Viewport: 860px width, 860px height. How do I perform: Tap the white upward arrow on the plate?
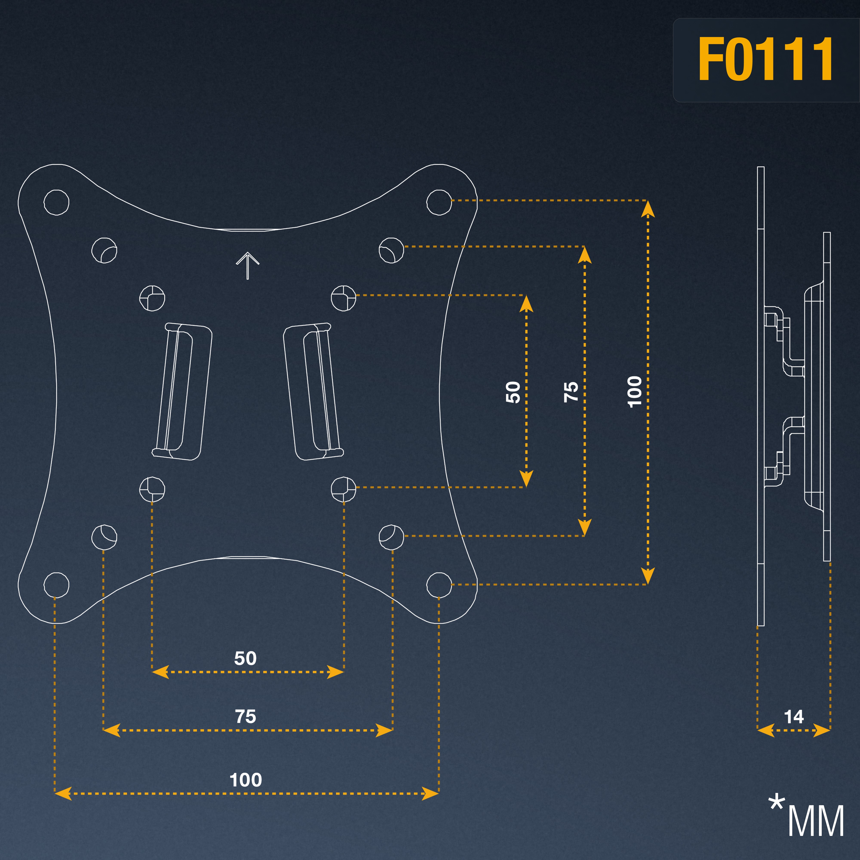[x=247, y=266]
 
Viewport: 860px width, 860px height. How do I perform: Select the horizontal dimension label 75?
[x=246, y=717]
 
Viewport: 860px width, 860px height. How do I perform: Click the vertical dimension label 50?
[x=513, y=392]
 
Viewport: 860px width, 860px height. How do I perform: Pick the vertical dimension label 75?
[x=571, y=392]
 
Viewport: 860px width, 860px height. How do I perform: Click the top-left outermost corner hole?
[x=57, y=203]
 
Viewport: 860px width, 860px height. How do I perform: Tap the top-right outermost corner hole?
[x=439, y=203]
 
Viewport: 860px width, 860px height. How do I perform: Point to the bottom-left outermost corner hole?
[x=57, y=585]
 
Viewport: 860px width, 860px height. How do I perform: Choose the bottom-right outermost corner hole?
[x=439, y=585]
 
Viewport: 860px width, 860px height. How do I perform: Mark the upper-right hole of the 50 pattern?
[x=344, y=298]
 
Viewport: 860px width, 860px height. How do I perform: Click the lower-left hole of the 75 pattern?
[x=104, y=537]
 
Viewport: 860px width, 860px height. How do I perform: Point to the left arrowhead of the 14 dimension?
[x=766, y=731]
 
